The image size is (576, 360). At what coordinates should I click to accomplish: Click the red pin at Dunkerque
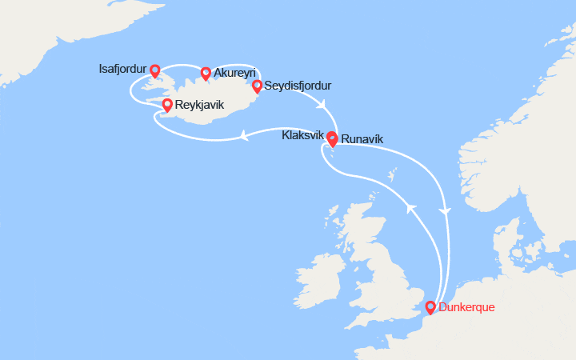pos(430,307)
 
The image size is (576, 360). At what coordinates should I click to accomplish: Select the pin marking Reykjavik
pos(167,106)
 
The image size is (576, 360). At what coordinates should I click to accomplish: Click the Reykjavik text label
pos(199,106)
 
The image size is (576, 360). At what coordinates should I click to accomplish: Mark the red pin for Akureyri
pos(206,73)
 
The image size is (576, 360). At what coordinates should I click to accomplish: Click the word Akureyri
pos(235,73)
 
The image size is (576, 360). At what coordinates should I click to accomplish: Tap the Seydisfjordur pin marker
pos(257,86)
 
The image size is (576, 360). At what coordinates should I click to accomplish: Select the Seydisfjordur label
pos(298,86)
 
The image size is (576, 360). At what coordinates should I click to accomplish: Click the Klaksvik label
pos(302,136)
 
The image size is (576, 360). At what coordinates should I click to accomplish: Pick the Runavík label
pos(362,139)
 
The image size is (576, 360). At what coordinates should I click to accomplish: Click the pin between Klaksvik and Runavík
pos(331,138)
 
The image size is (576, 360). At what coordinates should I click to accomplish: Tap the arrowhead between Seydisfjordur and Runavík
pos(322,105)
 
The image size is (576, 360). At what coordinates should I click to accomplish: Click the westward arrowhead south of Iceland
pos(243,137)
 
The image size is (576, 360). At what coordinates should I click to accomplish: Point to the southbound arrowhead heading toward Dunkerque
pos(446,210)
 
